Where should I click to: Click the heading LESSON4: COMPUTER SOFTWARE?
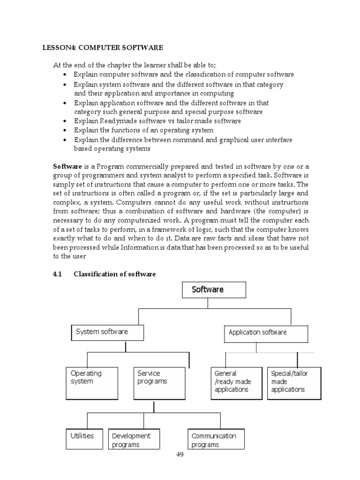pos(103,48)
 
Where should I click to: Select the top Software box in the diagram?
pos(214,290)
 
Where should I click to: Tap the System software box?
pos(107,332)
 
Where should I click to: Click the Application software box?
pos(266,334)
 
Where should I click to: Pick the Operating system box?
pos(91,383)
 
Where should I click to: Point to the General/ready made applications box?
pos(236,383)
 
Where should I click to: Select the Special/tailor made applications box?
pos(294,383)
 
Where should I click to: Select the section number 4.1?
pos(57,274)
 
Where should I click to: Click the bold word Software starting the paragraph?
pos(67,166)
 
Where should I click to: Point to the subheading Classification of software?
pos(114,274)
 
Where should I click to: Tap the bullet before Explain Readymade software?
pos(65,121)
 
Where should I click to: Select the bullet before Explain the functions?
pos(65,130)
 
